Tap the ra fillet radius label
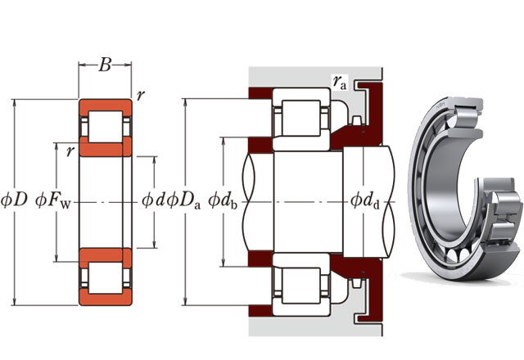339,80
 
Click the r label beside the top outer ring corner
142,96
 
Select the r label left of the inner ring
71,150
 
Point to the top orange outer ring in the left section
105,106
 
